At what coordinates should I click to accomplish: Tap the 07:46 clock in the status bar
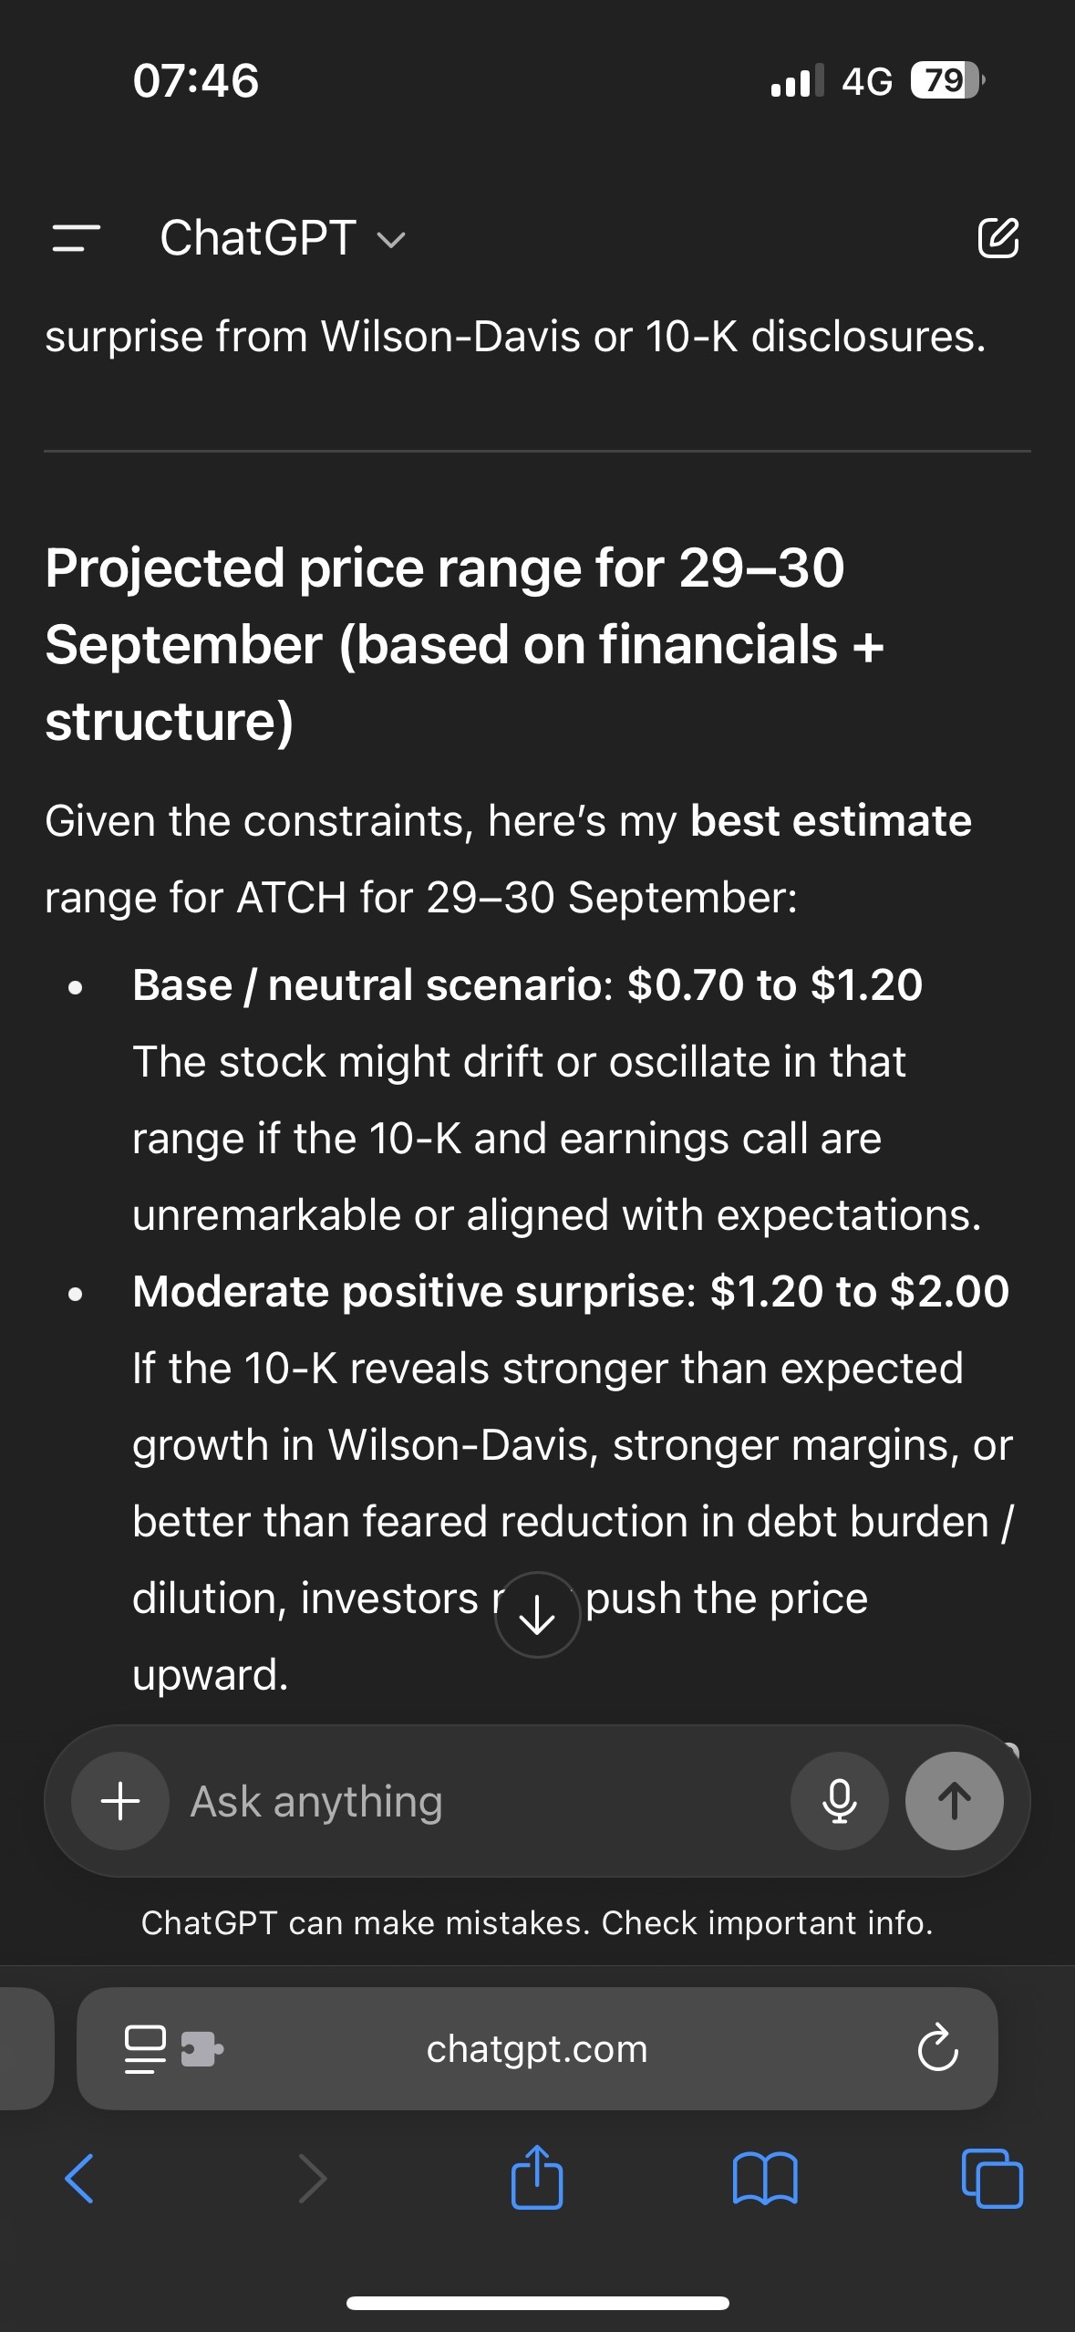coord(195,80)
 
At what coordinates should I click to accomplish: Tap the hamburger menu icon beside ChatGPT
coord(77,238)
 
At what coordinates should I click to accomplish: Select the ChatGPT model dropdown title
coord(282,238)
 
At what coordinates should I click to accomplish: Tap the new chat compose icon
coord(998,238)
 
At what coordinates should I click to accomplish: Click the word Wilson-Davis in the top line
coord(450,337)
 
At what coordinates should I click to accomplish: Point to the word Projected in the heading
coord(165,568)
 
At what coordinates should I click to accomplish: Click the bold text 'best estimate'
coord(831,821)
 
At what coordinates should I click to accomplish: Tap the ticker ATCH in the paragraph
coord(291,898)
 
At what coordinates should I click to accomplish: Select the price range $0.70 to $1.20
coord(775,985)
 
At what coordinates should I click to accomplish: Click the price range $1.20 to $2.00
coord(859,1292)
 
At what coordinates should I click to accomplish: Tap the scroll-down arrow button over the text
coord(537,1615)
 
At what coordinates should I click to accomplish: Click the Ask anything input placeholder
coord(316,1802)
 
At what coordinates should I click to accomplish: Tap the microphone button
coord(839,1801)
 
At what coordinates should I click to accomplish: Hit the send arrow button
coord(954,1801)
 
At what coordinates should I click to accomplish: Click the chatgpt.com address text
coord(537,2048)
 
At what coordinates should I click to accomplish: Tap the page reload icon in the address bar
coord(937,2048)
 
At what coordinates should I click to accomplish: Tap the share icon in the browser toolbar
coord(537,2178)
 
